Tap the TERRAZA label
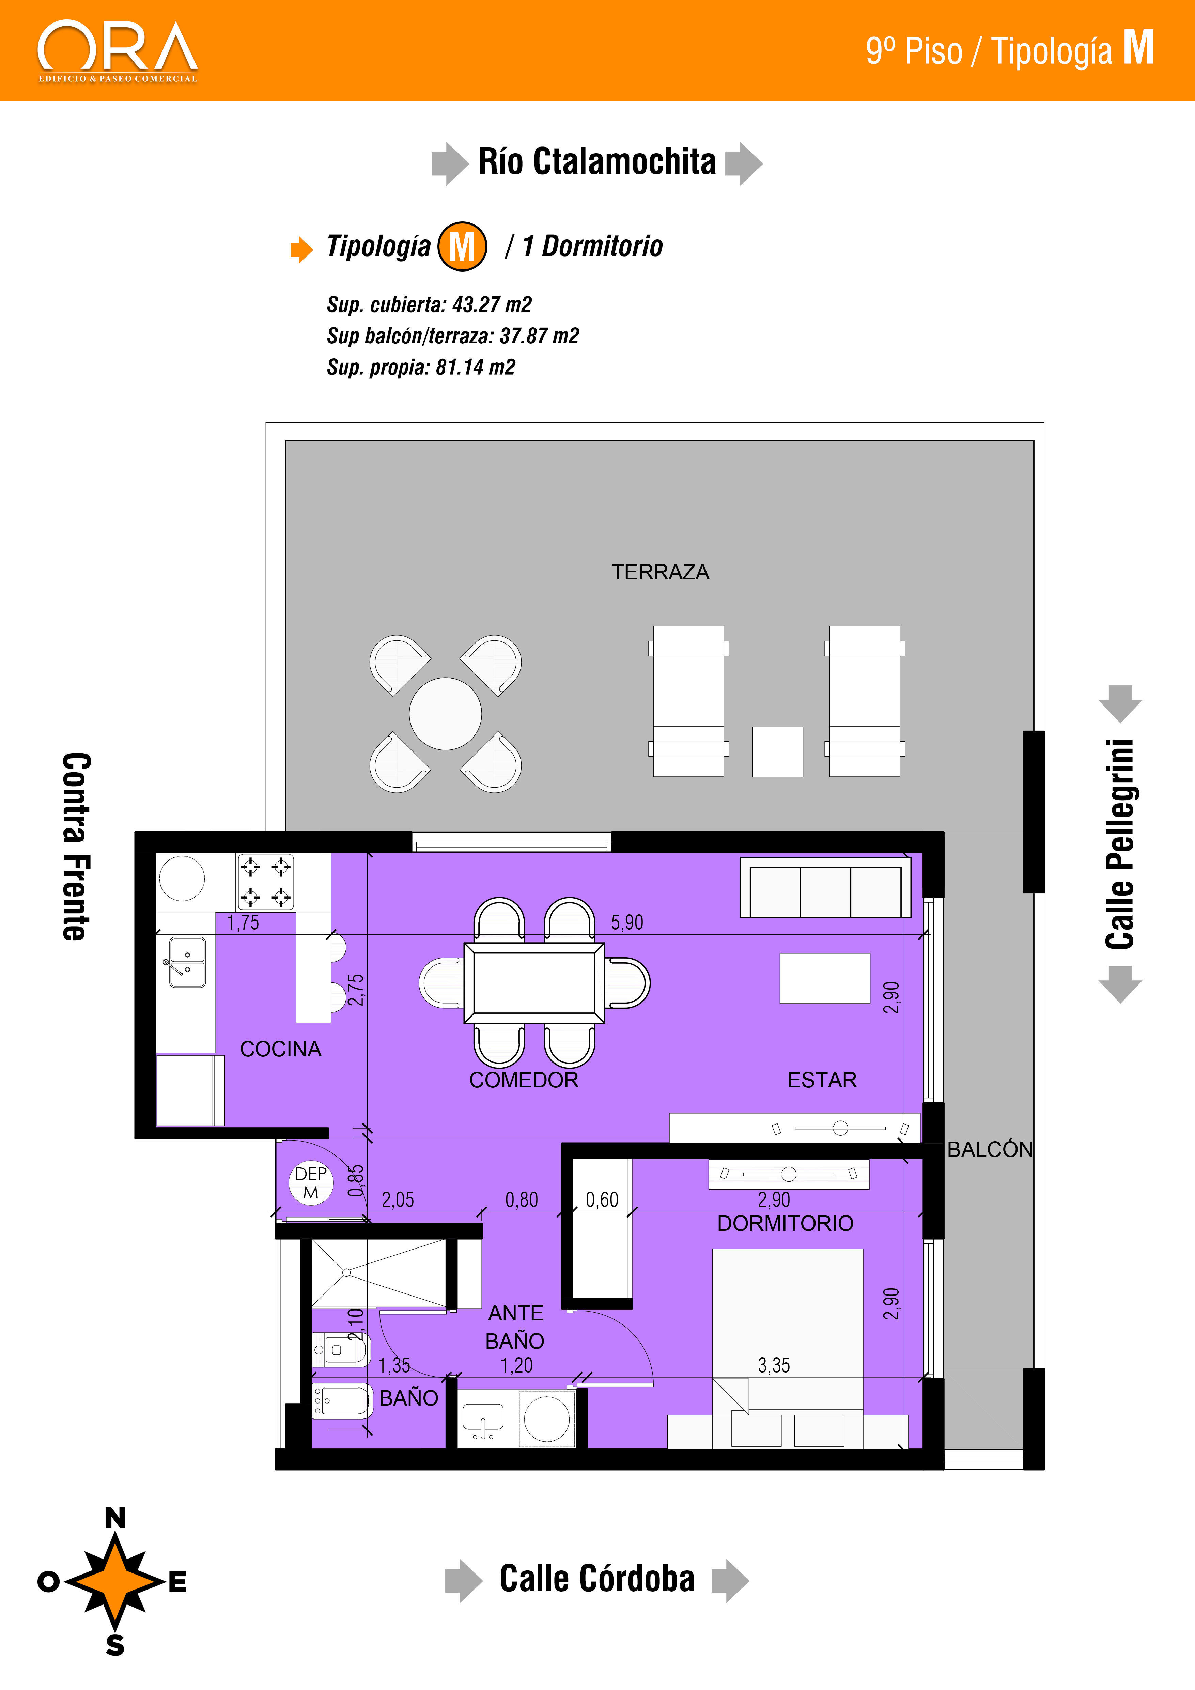tap(660, 572)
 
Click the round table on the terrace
tap(445, 713)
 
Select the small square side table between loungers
tap(777, 751)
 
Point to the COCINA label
tap(280, 1049)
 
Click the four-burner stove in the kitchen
tap(266, 882)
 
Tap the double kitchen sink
tap(187, 961)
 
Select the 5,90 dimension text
tap(627, 922)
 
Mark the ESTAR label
tap(822, 1080)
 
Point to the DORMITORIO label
tap(785, 1223)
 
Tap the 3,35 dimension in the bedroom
tap(773, 1365)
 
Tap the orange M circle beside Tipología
tap(462, 247)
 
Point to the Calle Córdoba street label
tap(597, 1579)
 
